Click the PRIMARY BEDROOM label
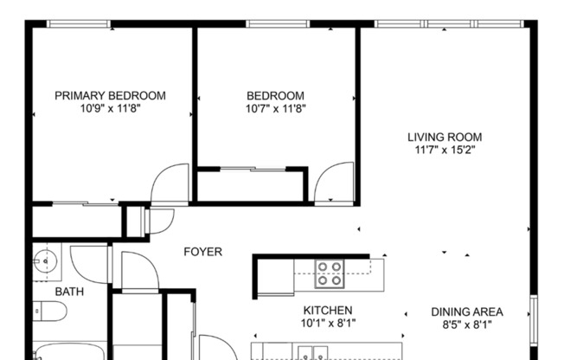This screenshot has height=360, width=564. [x=110, y=96]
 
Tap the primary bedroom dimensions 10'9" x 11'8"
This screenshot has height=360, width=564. [x=110, y=109]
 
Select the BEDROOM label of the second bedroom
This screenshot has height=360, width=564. [x=275, y=96]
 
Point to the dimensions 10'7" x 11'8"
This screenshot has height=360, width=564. [x=275, y=109]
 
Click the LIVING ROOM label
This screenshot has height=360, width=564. [x=445, y=137]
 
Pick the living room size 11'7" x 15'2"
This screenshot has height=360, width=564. [x=445, y=150]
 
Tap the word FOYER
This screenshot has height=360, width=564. [x=202, y=252]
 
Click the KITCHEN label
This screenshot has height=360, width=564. [x=327, y=311]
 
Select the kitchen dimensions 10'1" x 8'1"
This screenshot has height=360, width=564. [x=327, y=324]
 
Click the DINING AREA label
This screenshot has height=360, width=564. [x=467, y=312]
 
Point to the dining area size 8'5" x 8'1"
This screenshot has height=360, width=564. [x=467, y=325]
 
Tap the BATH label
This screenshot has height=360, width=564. [x=69, y=292]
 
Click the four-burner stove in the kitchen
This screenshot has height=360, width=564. [x=328, y=273]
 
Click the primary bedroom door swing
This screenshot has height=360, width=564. [x=169, y=183]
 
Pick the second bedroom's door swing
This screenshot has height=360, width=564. [x=333, y=183]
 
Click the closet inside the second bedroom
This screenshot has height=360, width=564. [x=251, y=184]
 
